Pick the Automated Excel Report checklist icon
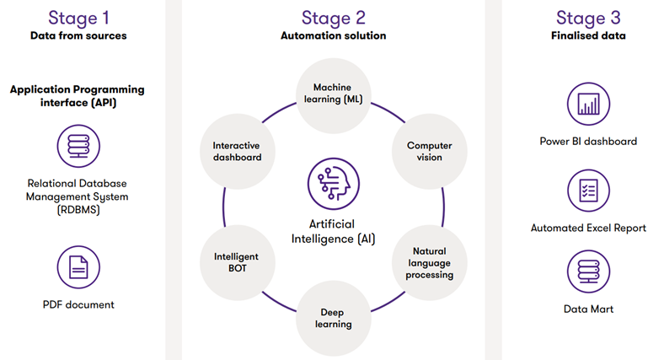click(588, 191)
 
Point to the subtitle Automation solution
click(333, 35)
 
